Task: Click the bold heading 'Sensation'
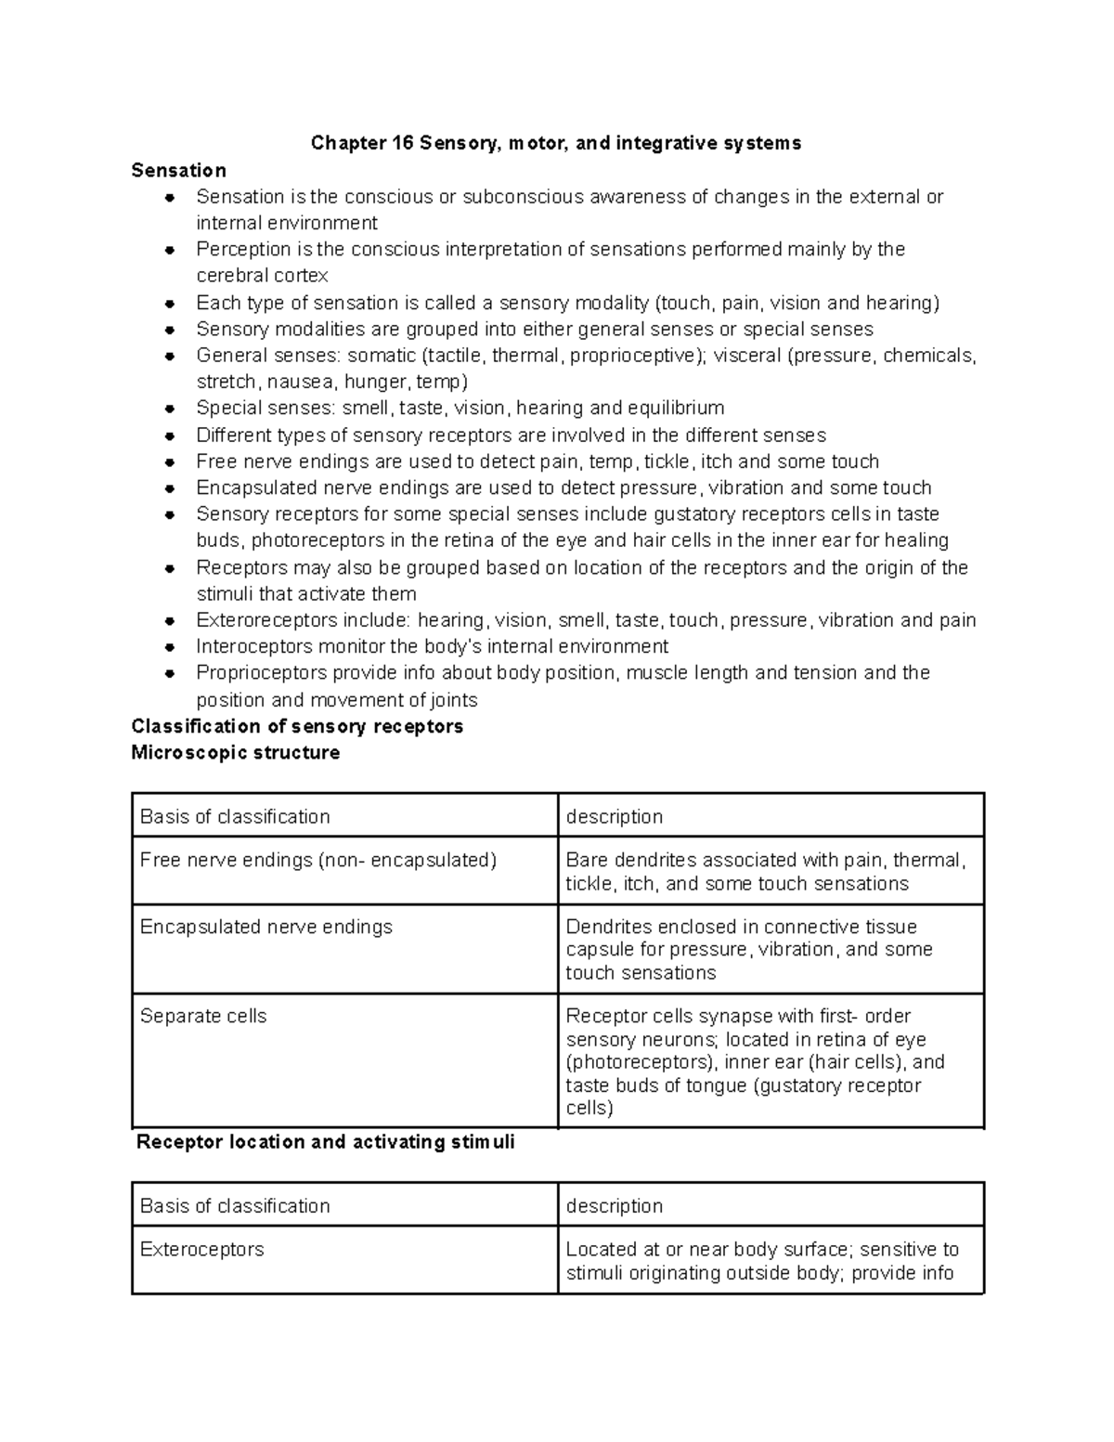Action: pyautogui.click(x=179, y=170)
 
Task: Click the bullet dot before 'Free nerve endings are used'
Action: pyautogui.click(x=169, y=462)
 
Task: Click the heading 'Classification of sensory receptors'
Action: pyautogui.click(x=297, y=726)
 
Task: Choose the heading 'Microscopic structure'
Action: pyautogui.click(x=236, y=753)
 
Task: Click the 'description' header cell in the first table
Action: pyautogui.click(x=615, y=817)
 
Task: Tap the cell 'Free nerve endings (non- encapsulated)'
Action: pyautogui.click(x=318, y=861)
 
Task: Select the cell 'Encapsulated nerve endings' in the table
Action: pyautogui.click(x=266, y=927)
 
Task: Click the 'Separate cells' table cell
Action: pyautogui.click(x=203, y=1016)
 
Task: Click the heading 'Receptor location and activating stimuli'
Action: pyautogui.click(x=325, y=1142)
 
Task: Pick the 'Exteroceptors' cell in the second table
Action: pyautogui.click(x=201, y=1250)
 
